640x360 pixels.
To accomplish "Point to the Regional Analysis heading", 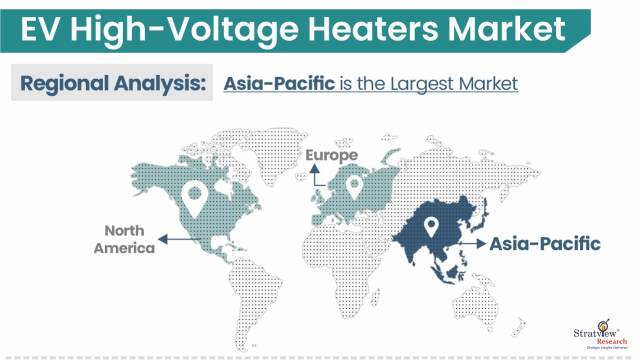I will tap(114, 82).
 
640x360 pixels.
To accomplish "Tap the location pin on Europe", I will tap(354, 186).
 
